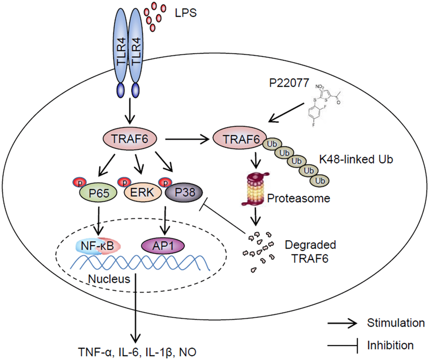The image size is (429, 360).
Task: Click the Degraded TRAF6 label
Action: tap(305, 251)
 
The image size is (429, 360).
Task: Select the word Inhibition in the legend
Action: tap(390, 346)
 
